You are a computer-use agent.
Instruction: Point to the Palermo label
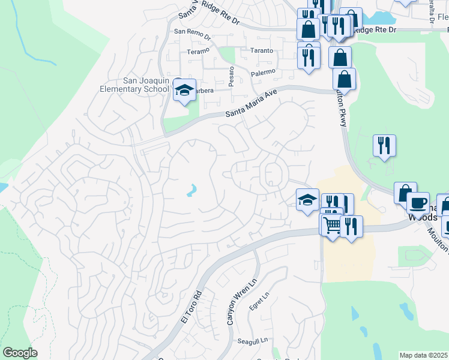click(263, 72)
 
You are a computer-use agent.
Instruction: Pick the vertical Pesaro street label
click(232, 77)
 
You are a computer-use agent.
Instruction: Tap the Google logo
click(20, 353)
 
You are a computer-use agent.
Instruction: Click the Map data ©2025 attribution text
click(423, 355)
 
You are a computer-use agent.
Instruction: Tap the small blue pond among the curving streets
click(191, 191)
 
